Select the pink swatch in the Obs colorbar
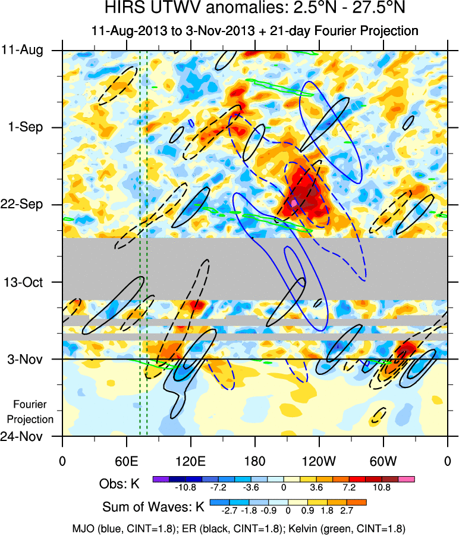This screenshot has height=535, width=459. click(406, 479)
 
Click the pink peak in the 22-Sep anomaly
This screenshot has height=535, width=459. click(294, 203)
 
